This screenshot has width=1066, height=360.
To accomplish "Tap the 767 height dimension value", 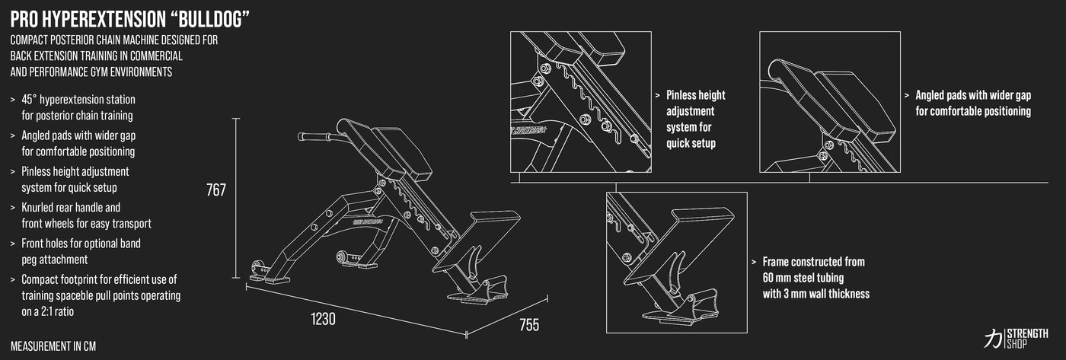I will [215, 190].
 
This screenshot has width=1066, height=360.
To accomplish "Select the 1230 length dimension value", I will [323, 318].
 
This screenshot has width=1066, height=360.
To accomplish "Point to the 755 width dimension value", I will [528, 325].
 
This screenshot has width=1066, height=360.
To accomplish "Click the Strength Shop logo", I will [1016, 338].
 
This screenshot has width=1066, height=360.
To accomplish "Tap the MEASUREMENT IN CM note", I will [53, 346].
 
